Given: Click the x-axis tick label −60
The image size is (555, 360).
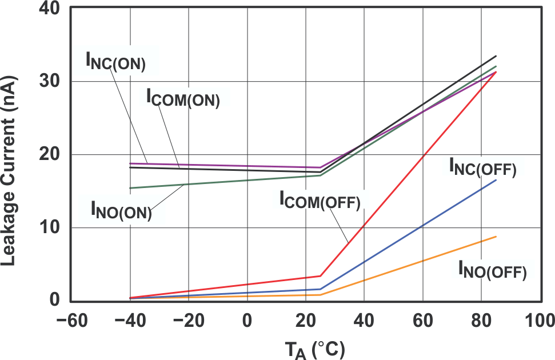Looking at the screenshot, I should pyautogui.click(x=71, y=320).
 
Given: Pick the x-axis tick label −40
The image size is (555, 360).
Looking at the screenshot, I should pyautogui.click(x=130, y=320).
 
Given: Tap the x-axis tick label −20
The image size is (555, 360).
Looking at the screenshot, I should pyautogui.click(x=188, y=320).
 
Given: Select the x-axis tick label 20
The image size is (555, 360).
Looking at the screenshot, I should pyautogui.click(x=306, y=320).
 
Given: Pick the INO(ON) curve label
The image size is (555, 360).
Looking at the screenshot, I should pyautogui.click(x=121, y=210).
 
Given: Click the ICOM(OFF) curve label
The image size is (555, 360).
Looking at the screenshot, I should pyautogui.click(x=320, y=199).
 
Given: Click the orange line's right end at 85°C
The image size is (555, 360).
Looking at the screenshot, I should pyautogui.click(x=496, y=237).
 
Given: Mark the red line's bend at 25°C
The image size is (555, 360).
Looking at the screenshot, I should pyautogui.click(x=321, y=276).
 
